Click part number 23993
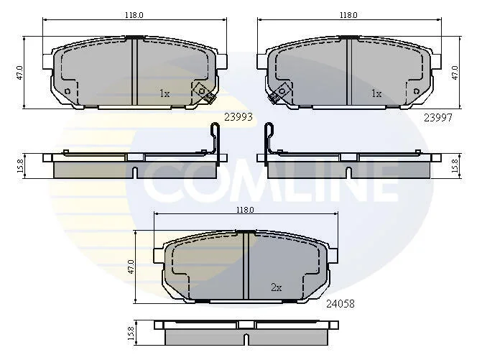tap(238, 117)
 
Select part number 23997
tap(438, 117)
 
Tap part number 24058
tap(340, 304)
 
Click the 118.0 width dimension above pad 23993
tap(134, 15)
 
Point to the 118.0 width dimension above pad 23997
tap(348, 15)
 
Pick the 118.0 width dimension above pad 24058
tap(245, 210)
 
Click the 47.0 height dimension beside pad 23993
tap(19, 73)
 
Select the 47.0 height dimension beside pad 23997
tap(455, 73)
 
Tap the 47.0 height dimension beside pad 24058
tap(131, 267)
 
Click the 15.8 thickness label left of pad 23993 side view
tap(20, 166)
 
